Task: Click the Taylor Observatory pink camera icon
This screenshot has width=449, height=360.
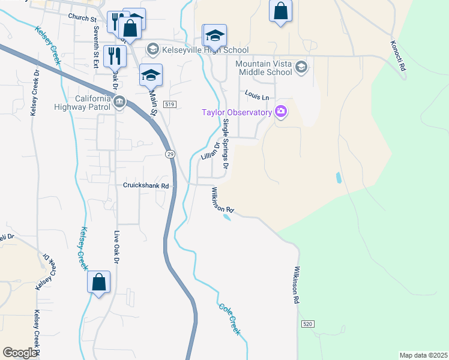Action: coord(280,111)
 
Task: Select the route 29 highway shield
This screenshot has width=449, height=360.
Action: coord(170,154)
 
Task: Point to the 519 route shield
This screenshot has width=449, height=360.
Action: coord(170,104)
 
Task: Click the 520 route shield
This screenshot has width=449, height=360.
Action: coord(307,324)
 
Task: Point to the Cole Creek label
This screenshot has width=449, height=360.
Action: coord(229,317)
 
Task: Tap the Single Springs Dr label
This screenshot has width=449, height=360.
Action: coord(226,143)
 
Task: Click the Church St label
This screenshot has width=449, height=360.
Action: coord(82,18)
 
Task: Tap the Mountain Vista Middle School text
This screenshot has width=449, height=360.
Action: coord(264,68)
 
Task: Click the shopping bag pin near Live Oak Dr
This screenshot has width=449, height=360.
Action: coord(99,282)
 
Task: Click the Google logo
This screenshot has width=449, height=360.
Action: coord(20,353)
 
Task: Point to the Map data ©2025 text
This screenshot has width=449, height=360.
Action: coord(423,355)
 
